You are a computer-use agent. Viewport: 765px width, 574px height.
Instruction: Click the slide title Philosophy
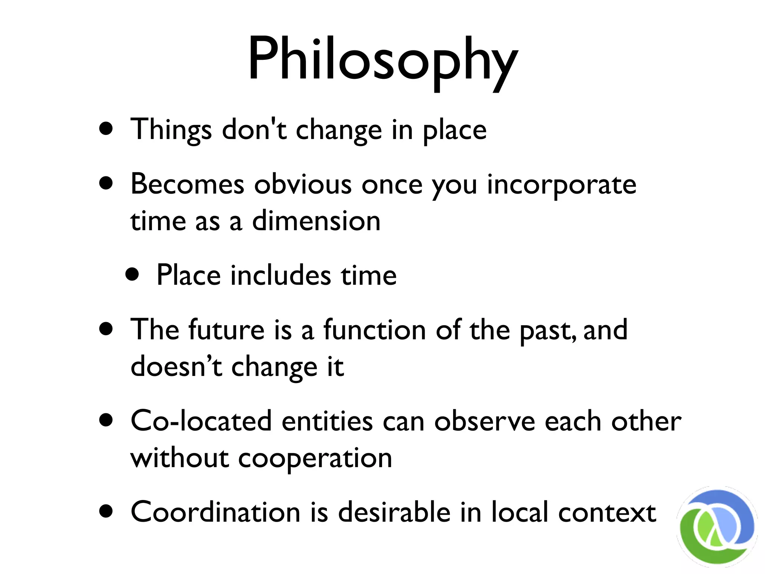pos(382,60)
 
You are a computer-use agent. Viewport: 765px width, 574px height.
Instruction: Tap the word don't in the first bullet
pos(254,129)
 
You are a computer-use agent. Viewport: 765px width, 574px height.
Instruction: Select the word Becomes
pos(187,184)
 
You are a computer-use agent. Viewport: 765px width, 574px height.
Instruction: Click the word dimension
pos(316,221)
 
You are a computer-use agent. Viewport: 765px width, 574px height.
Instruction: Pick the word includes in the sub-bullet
pos(281,275)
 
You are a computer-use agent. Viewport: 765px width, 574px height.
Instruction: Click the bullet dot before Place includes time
pos(132,275)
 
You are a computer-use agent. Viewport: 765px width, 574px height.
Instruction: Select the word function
pos(374,330)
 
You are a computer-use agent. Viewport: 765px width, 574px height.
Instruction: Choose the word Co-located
pos(201,421)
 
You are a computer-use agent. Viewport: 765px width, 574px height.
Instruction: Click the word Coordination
pos(216,512)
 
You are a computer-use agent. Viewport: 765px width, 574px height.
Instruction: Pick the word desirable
pos(394,512)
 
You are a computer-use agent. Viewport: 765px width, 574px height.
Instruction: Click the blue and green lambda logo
pos(716,526)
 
